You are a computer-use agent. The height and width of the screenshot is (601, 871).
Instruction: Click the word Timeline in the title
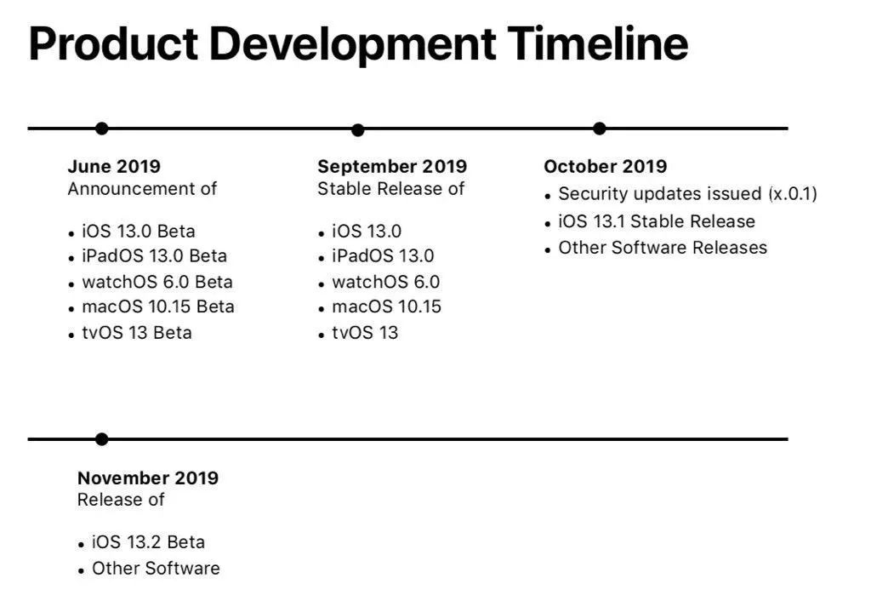pyautogui.click(x=598, y=43)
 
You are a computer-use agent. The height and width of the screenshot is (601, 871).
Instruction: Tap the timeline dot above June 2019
pyautogui.click(x=102, y=129)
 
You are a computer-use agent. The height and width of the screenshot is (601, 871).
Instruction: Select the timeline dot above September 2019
pyautogui.click(x=358, y=130)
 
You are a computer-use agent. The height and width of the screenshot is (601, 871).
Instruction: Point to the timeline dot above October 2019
pyautogui.click(x=599, y=129)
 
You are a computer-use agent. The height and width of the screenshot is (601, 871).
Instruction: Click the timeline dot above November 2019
pyautogui.click(x=101, y=439)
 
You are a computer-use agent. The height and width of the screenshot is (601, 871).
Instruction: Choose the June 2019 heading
pyautogui.click(x=114, y=166)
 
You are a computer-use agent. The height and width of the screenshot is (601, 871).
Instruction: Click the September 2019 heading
pyautogui.click(x=392, y=166)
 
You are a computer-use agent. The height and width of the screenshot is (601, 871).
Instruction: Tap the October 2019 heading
pyautogui.click(x=606, y=166)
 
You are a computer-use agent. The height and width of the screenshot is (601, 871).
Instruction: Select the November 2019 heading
pyautogui.click(x=148, y=478)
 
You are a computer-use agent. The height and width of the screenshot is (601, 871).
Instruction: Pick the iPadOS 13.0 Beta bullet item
pyautogui.click(x=155, y=255)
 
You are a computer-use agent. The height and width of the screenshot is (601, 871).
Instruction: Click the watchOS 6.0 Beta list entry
pyautogui.click(x=157, y=282)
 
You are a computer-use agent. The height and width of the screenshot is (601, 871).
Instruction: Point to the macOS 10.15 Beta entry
pyautogui.click(x=157, y=306)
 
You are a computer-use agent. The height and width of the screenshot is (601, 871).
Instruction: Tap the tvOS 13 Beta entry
pyautogui.click(x=137, y=333)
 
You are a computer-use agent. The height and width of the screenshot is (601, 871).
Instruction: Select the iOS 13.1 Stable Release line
pyautogui.click(x=657, y=221)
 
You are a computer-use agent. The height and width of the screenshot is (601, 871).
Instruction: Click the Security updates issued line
pyautogui.click(x=687, y=193)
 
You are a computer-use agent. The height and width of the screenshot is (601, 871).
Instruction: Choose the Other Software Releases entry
pyautogui.click(x=663, y=248)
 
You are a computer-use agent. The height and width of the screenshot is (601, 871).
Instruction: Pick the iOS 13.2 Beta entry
pyautogui.click(x=148, y=541)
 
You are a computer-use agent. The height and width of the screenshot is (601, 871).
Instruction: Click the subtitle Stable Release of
pyautogui.click(x=390, y=188)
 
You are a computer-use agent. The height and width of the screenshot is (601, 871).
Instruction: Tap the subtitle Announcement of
pyautogui.click(x=142, y=188)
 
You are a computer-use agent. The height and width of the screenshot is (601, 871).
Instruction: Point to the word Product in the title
pyautogui.click(x=113, y=43)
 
